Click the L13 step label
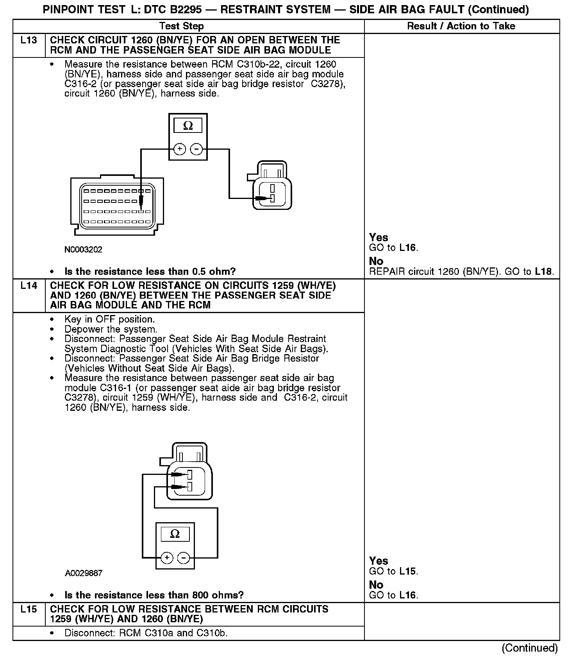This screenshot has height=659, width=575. click(29, 40)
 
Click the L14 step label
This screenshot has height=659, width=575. click(29, 286)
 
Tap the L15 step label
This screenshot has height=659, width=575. click(29, 609)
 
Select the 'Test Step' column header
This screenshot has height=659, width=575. click(181, 26)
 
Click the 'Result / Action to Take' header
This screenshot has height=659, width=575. click(461, 26)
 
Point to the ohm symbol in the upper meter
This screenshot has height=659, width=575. click(188, 126)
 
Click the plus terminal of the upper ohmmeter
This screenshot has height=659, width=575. click(179, 149)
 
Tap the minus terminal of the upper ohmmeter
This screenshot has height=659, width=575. click(196, 149)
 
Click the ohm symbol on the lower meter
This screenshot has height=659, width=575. click(175, 534)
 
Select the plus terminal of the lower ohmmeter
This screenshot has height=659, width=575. click(167, 557)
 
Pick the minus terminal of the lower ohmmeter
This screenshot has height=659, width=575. click(184, 557)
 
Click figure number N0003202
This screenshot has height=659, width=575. click(83, 249)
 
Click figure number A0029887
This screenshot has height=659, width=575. click(84, 573)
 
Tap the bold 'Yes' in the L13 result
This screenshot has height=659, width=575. click(379, 238)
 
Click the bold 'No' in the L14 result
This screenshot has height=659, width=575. click(376, 585)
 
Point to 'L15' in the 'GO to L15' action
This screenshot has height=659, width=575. click(408, 571)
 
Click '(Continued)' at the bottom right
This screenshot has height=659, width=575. click(530, 648)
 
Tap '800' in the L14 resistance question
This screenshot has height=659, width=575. click(200, 595)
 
